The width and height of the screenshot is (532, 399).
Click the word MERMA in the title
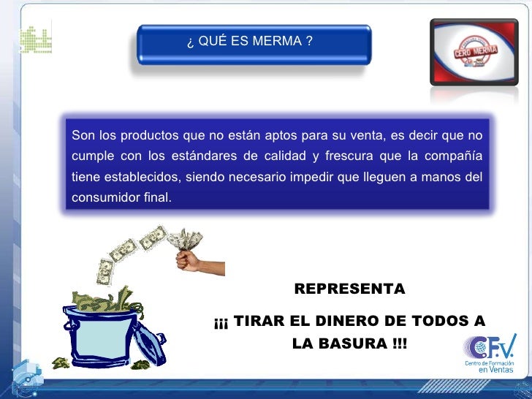pyautogui.click(x=278, y=41)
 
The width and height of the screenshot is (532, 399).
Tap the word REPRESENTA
pyautogui.click(x=349, y=289)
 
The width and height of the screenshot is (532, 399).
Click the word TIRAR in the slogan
pyautogui.click(x=258, y=322)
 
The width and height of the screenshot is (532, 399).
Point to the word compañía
pyautogui.click(x=456, y=155)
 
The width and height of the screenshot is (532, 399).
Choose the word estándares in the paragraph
pyautogui.click(x=203, y=155)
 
